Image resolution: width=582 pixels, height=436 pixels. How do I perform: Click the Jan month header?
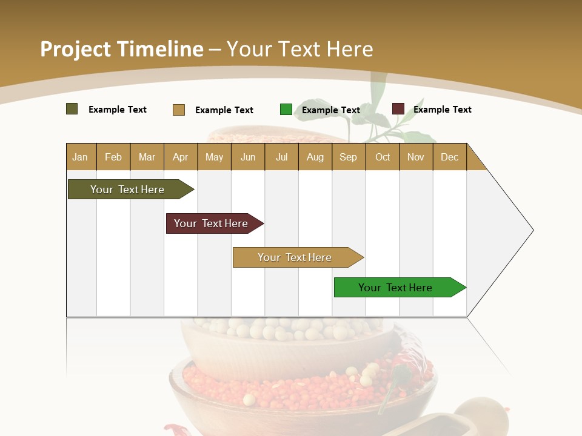80,157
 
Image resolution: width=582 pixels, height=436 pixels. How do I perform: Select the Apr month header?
180,157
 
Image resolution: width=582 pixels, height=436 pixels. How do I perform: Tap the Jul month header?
281,157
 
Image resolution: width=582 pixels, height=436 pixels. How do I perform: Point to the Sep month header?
348,157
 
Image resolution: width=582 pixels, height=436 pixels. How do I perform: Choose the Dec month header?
449,157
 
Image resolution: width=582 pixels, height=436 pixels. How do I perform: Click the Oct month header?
383,157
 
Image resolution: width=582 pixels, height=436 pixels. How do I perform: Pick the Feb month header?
113,157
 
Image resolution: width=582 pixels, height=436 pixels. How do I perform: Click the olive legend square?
72,109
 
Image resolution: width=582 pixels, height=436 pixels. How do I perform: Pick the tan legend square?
179,110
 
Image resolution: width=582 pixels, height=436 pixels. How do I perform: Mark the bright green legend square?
286,110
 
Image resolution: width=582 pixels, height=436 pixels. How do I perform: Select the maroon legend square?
398,109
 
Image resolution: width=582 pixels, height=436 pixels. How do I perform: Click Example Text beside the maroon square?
442,110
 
